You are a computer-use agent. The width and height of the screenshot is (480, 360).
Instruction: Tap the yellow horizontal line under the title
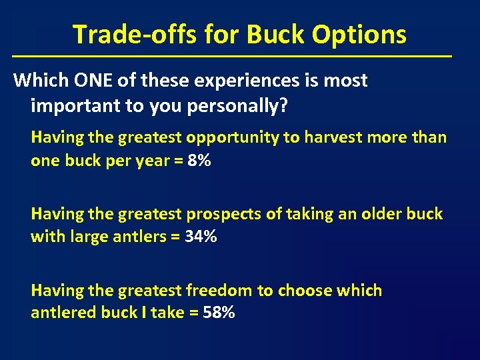click(232, 55)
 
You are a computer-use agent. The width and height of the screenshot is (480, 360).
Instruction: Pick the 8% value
click(199, 161)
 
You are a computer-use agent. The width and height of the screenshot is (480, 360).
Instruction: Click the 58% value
click(219, 313)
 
